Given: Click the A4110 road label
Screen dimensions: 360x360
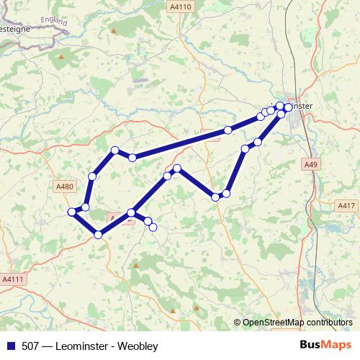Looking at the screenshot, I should point(180,6).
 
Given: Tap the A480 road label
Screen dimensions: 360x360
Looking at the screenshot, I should point(65,187).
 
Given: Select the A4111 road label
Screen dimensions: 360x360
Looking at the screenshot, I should point(13,279).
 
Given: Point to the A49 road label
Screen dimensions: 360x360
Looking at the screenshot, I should point(311,166).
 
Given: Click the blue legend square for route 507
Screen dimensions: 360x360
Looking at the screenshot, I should point(11,346).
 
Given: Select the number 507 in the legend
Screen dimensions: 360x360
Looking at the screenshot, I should point(31,346).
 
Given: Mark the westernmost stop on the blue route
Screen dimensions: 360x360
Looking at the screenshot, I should point(72,212).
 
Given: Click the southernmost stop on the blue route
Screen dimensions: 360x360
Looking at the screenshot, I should point(98,233).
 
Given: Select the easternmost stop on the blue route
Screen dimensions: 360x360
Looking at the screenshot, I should point(288,107).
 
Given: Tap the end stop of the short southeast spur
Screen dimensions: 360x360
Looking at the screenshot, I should point(153,228).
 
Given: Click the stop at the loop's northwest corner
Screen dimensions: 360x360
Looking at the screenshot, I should point(114,150).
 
